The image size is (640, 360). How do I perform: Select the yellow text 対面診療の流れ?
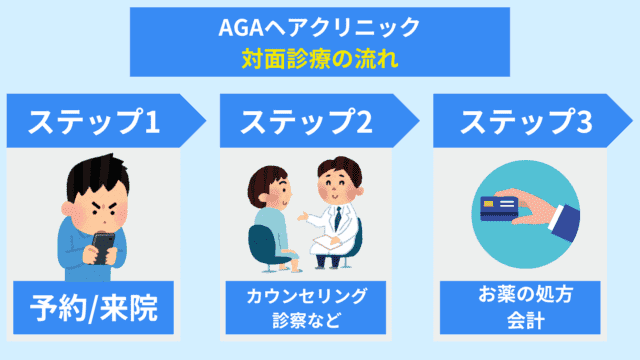(319, 57)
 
